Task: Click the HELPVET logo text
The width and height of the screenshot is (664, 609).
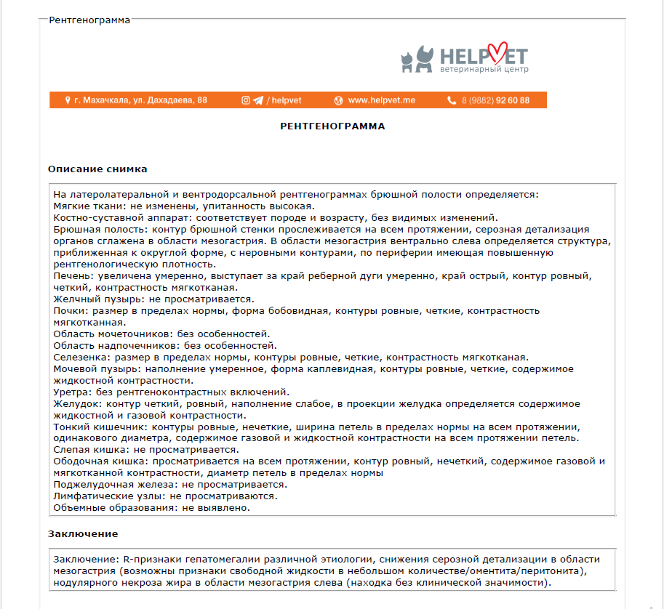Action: (483, 55)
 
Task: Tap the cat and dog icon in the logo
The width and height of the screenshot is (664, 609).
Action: (417, 59)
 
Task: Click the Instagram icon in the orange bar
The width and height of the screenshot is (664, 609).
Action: (246, 100)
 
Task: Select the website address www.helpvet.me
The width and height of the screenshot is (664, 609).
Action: (381, 100)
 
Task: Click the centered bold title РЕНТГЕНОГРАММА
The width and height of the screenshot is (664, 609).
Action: (332, 126)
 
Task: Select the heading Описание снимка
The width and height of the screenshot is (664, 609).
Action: (97, 169)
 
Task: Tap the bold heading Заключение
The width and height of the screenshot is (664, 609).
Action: (83, 533)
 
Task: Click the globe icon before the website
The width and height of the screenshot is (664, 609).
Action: (338, 100)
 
